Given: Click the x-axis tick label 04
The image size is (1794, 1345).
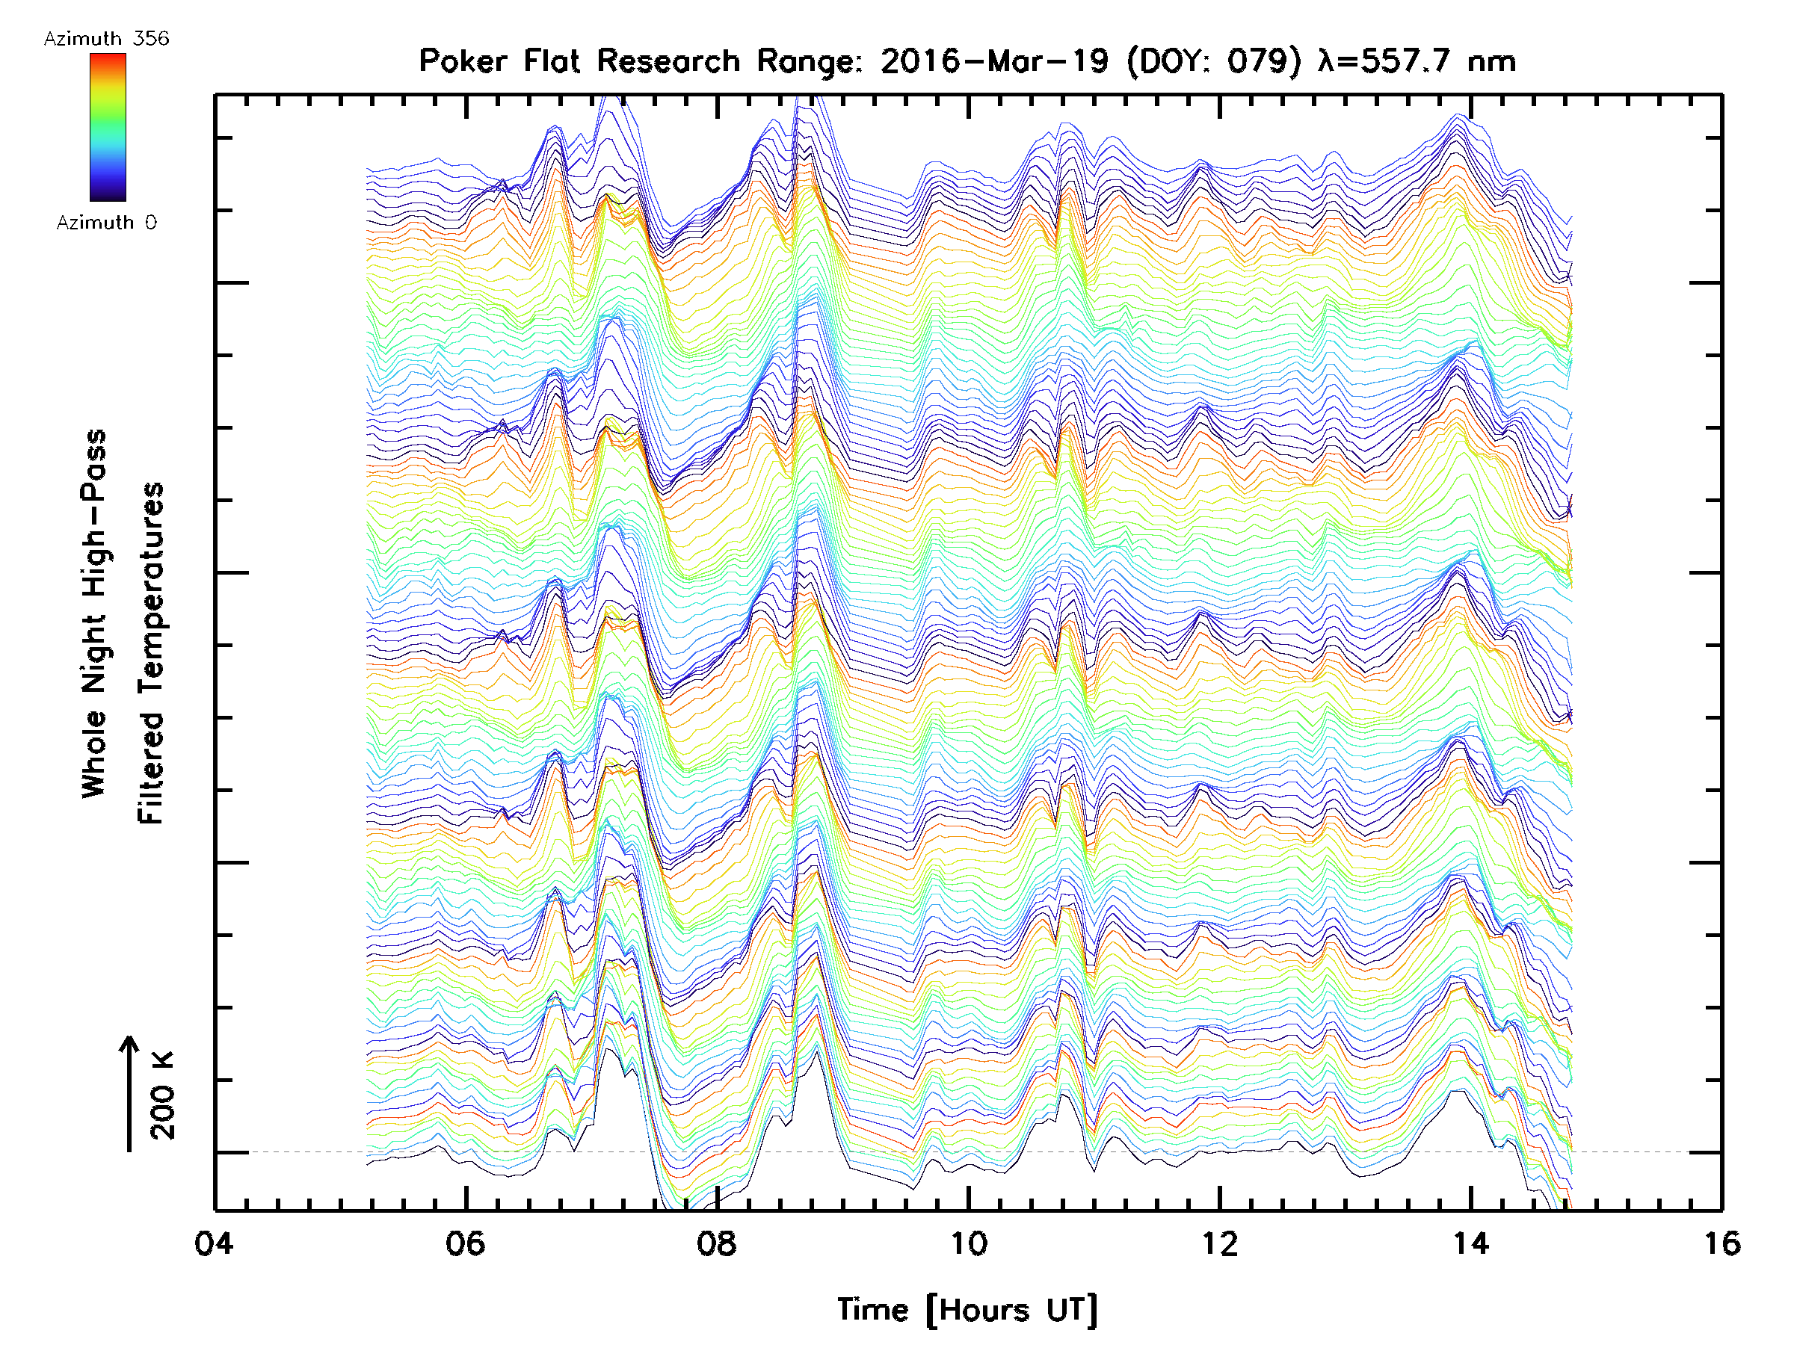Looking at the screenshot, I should click(x=214, y=1243).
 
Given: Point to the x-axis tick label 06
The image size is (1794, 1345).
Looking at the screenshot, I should click(x=466, y=1243).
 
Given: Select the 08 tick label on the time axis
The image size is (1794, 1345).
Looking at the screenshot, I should click(x=717, y=1243).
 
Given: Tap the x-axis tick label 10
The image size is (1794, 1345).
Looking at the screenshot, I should click(x=968, y=1243).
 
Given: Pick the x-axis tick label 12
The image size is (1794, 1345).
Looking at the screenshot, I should click(x=1220, y=1243).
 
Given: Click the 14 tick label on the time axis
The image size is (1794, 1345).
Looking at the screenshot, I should click(x=1470, y=1243).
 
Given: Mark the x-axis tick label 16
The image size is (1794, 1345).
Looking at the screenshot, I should click(x=1721, y=1243).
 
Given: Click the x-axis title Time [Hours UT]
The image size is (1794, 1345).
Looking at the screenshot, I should click(x=967, y=1310).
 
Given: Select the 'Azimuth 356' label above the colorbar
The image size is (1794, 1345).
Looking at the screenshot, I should click(x=106, y=39).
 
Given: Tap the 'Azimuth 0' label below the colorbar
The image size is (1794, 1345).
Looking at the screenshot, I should click(x=106, y=223).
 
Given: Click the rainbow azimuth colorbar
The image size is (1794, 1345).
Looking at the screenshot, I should click(x=108, y=127).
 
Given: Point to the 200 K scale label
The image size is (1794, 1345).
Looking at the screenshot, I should click(x=162, y=1095).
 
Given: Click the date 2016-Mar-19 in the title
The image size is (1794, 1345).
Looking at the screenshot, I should click(x=994, y=61).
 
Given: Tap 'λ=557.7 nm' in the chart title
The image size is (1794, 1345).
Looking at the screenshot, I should click(x=1417, y=61).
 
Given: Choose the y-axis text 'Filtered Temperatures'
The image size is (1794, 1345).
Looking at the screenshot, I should click(x=151, y=654).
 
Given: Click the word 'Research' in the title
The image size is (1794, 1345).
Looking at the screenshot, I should click(x=668, y=61).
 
